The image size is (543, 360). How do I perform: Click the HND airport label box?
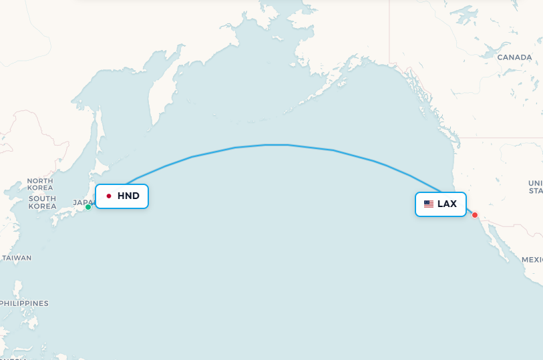tap(122, 196)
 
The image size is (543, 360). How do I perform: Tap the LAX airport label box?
tap(440, 204)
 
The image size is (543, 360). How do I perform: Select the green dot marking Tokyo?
tap(88, 207)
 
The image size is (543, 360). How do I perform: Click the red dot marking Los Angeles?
tap(475, 215)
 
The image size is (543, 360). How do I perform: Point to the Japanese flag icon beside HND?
tap(109, 196)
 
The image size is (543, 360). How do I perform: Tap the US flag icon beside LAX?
tap(429, 204)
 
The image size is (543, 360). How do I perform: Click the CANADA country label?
tap(514, 57)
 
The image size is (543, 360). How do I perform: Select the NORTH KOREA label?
tap(40, 185)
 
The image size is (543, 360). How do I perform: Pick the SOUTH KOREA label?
tap(42, 202)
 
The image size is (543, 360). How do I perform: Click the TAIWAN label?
tap(17, 257)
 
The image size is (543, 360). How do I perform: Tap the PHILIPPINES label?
tap(24, 303)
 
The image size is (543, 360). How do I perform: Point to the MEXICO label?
tap(532, 259)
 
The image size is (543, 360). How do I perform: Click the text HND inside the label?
tap(128, 196)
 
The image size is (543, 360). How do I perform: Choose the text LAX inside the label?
tap(447, 204)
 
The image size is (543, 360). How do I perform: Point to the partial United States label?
tap(535, 186)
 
